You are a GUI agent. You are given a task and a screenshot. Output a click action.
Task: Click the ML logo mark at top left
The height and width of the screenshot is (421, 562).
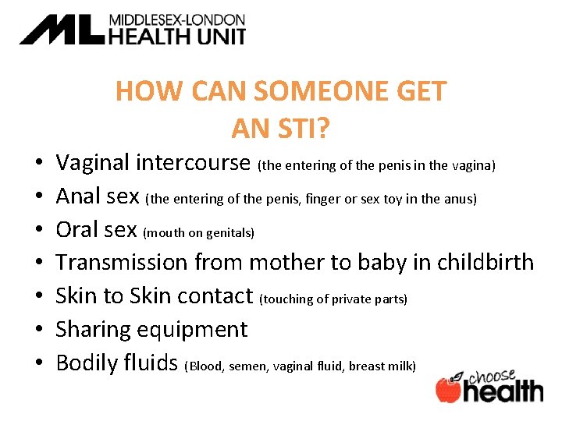[x=61, y=30]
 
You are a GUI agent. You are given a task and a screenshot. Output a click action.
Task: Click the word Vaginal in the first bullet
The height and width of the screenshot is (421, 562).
[x=93, y=163]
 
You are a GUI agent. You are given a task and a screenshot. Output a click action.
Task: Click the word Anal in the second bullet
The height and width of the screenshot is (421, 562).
[x=79, y=196]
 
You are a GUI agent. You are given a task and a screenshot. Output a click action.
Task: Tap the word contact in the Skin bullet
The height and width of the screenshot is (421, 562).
[x=215, y=295]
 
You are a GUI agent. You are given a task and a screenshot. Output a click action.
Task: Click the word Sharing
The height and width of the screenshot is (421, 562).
[x=94, y=329]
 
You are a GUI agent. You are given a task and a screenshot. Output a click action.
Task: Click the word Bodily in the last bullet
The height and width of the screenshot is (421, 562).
[x=86, y=363]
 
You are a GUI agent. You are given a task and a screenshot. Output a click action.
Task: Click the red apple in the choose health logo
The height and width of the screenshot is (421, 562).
[x=448, y=389]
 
